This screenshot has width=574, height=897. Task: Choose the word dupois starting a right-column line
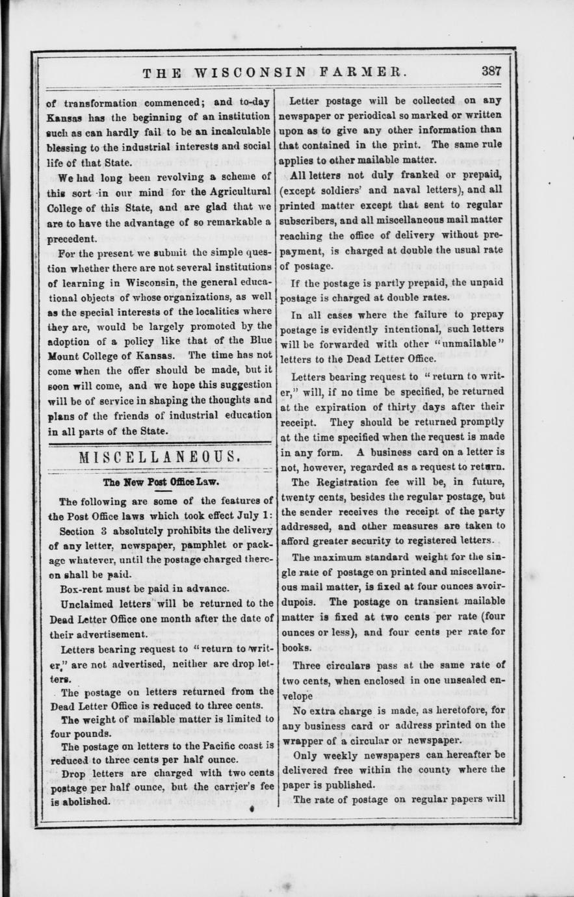pyautogui.click(x=297, y=601)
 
